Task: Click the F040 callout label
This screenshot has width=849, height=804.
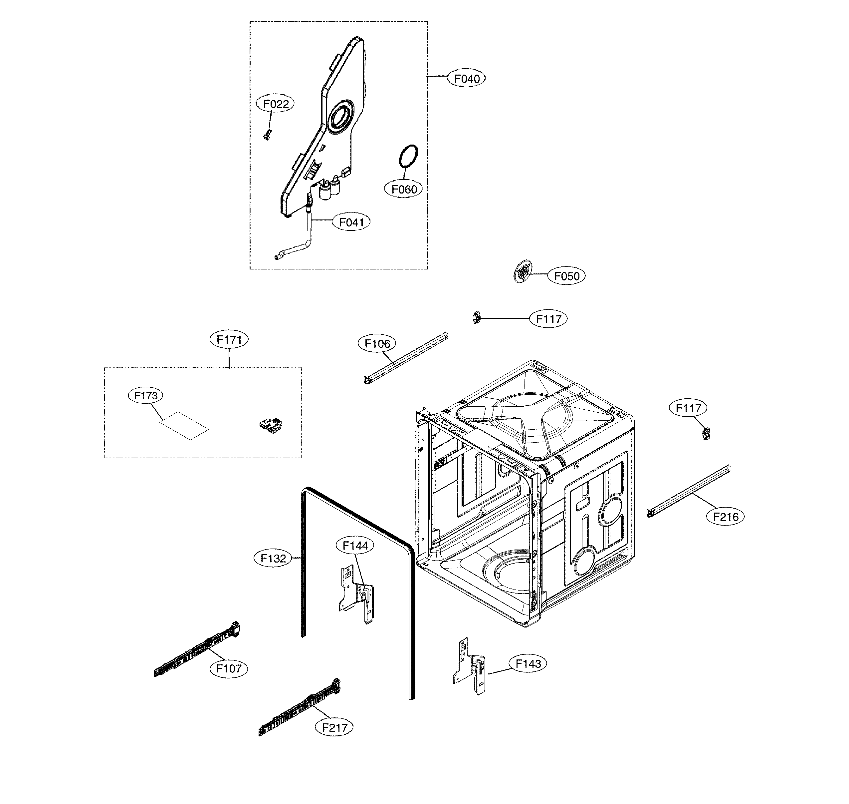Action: point(467,79)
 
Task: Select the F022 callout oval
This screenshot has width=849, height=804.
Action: point(276,104)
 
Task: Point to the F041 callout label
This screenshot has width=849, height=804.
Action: point(351,222)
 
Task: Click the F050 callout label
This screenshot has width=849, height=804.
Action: point(566,276)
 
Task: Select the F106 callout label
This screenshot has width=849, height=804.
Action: point(377,343)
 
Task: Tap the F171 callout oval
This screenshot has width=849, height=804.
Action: point(229,339)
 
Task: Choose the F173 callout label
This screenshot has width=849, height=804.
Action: point(146,396)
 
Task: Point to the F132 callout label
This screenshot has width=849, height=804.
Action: point(273,559)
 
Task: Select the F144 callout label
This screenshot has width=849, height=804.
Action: point(355,546)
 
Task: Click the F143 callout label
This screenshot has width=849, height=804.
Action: point(528,664)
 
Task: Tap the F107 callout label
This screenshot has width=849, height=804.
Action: point(229,668)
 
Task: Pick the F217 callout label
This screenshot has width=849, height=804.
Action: point(334,727)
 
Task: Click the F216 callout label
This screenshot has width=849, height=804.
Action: point(726,517)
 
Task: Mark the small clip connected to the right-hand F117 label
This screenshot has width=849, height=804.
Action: point(706,434)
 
